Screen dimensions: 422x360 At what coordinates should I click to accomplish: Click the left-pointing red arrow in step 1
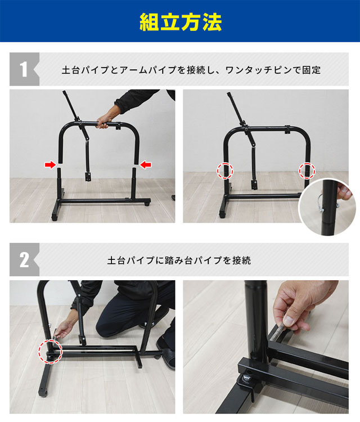click(x=146, y=164)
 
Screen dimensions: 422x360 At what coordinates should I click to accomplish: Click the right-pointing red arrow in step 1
click(x=51, y=164)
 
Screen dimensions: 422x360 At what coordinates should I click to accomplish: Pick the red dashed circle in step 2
click(x=49, y=349)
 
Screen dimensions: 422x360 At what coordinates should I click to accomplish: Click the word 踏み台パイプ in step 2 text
click(x=190, y=261)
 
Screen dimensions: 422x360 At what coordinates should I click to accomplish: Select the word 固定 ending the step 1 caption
click(x=312, y=71)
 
